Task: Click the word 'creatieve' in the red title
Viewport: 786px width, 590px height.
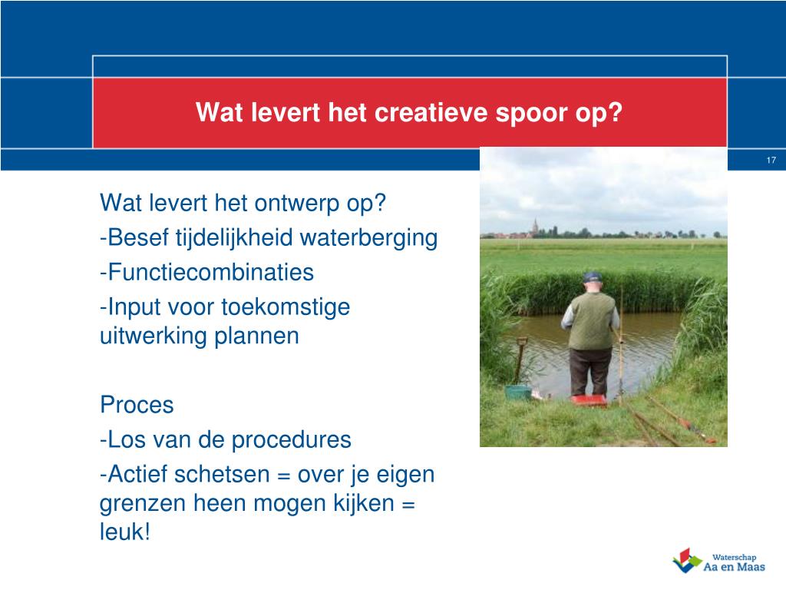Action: [431, 112]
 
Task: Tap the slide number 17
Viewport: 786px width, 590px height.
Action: [771, 160]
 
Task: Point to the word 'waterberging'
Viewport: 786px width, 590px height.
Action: [368, 238]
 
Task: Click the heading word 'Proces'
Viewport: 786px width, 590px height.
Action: [137, 405]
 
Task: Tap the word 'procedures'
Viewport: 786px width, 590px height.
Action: [291, 440]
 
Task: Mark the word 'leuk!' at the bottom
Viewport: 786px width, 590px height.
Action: [125, 532]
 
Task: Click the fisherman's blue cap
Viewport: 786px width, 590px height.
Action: [593, 277]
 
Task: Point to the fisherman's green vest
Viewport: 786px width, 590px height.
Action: [592, 320]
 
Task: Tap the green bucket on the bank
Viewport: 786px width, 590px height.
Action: [518, 391]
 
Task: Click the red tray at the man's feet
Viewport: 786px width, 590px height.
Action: [589, 399]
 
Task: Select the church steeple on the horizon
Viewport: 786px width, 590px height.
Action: [535, 227]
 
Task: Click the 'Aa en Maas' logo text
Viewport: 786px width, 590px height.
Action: [734, 568]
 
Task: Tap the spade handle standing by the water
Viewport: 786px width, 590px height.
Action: [520, 359]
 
